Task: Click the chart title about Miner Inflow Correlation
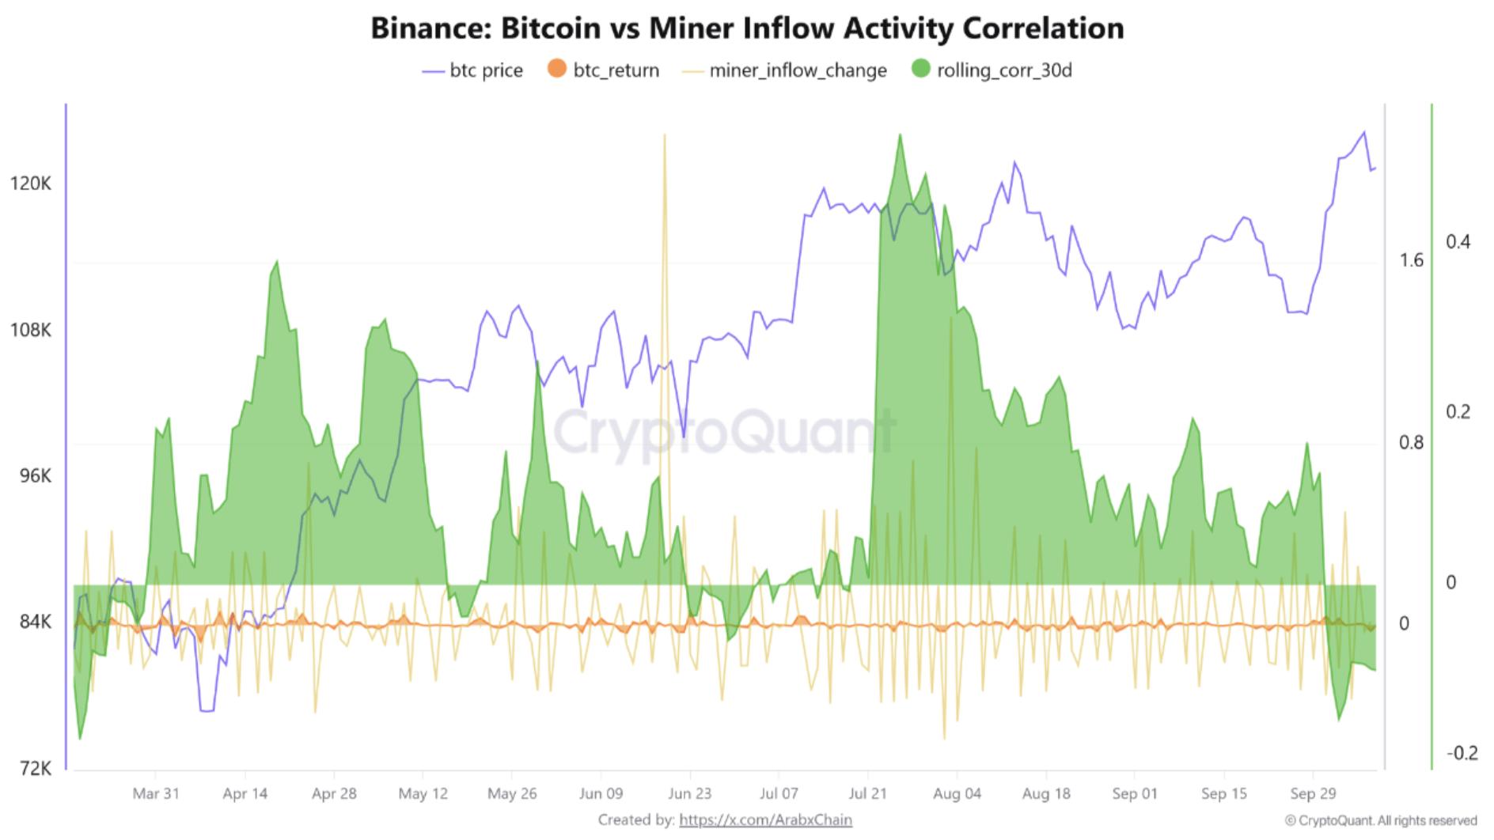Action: [747, 28]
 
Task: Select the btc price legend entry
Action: [473, 70]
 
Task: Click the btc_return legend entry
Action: [604, 70]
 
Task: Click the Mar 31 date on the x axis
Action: [156, 793]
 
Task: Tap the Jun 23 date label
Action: [690, 793]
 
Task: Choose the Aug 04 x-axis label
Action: [957, 793]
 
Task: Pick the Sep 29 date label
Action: [1313, 793]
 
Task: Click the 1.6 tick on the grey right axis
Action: [1411, 260]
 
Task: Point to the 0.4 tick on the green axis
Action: [1458, 242]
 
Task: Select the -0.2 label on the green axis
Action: [1461, 752]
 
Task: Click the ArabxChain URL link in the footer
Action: [765, 820]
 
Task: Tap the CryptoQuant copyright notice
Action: [1380, 821]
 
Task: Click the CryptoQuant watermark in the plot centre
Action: [724, 431]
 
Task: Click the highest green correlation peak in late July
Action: [900, 136]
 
